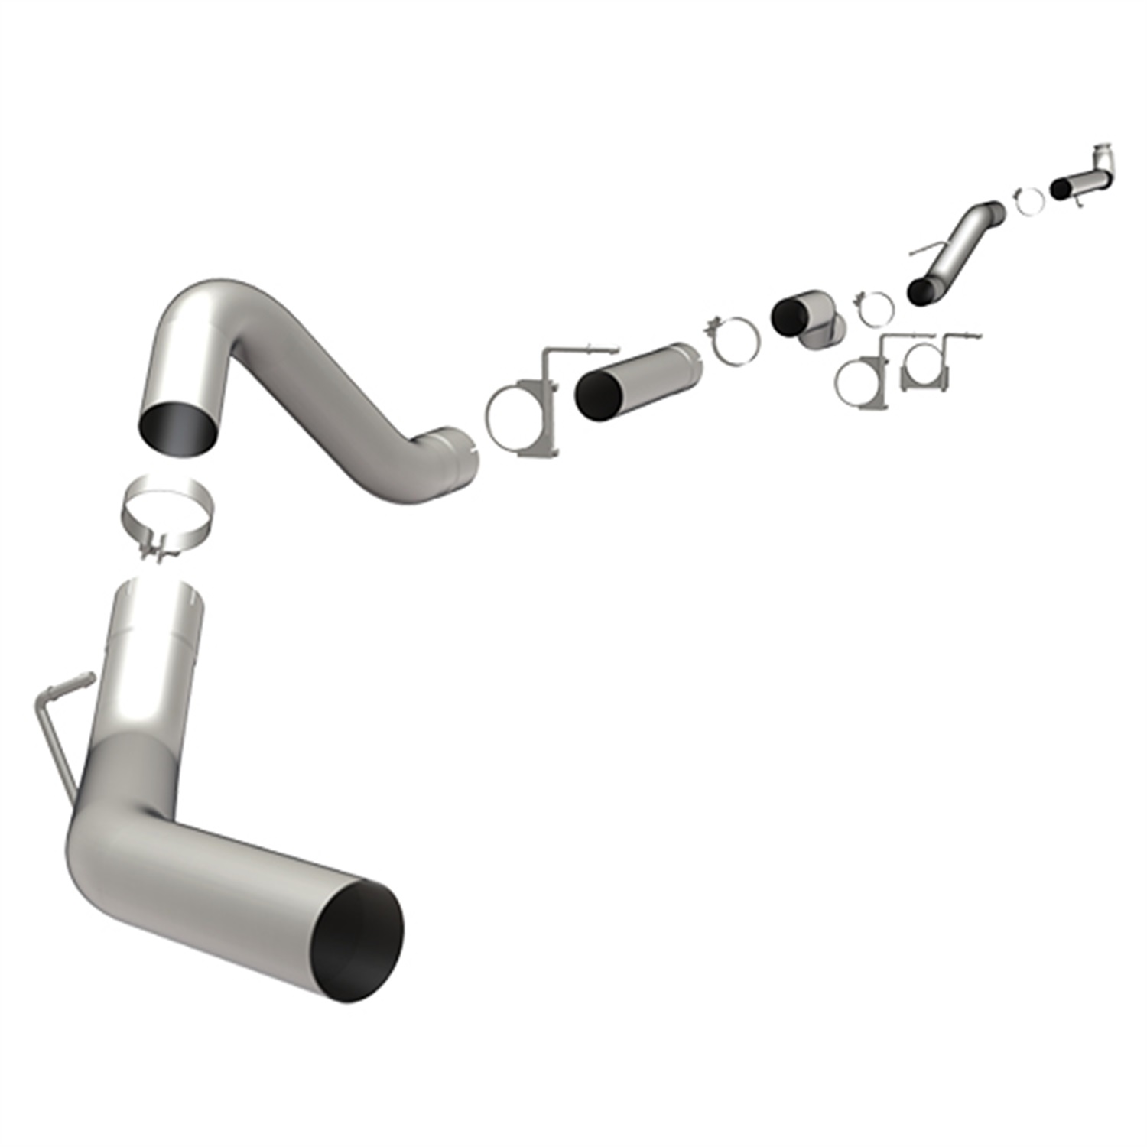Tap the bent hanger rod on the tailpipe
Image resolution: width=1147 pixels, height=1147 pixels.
pos(55,726)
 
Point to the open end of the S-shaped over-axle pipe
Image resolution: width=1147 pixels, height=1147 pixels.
pos(177,422)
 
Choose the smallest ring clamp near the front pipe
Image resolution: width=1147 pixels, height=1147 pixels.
pos(1029,200)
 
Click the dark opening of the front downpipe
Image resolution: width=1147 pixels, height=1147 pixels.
pos(1062,187)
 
